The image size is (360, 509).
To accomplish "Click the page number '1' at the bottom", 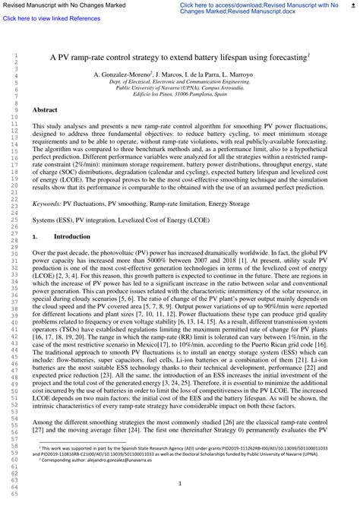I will [180, 483].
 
